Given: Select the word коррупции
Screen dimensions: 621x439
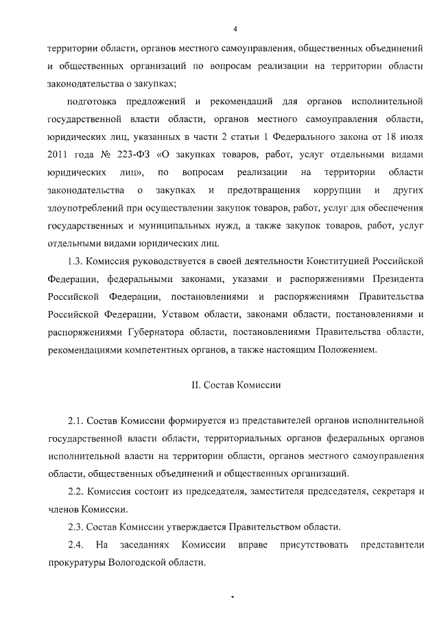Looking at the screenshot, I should (334, 189).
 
